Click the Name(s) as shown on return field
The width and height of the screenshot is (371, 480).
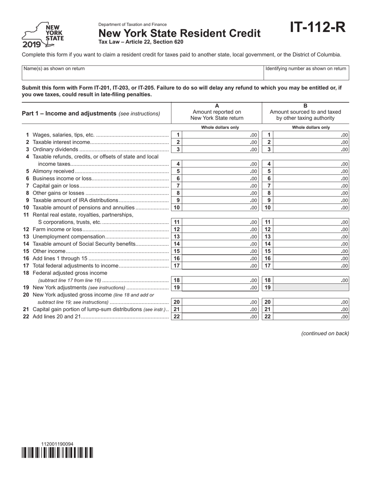(143, 73)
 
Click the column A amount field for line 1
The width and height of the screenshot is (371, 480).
(220, 135)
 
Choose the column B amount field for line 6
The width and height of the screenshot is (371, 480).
(311, 178)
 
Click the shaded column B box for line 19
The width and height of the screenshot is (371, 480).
(311, 288)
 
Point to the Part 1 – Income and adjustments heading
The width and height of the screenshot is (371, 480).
(91, 114)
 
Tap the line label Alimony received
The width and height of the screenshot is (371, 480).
(54, 171)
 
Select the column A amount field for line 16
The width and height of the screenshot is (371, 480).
(220, 258)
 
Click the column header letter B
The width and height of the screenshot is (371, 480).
(305, 105)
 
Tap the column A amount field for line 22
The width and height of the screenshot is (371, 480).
(220, 316)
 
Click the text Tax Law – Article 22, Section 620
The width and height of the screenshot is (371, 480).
(141, 42)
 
